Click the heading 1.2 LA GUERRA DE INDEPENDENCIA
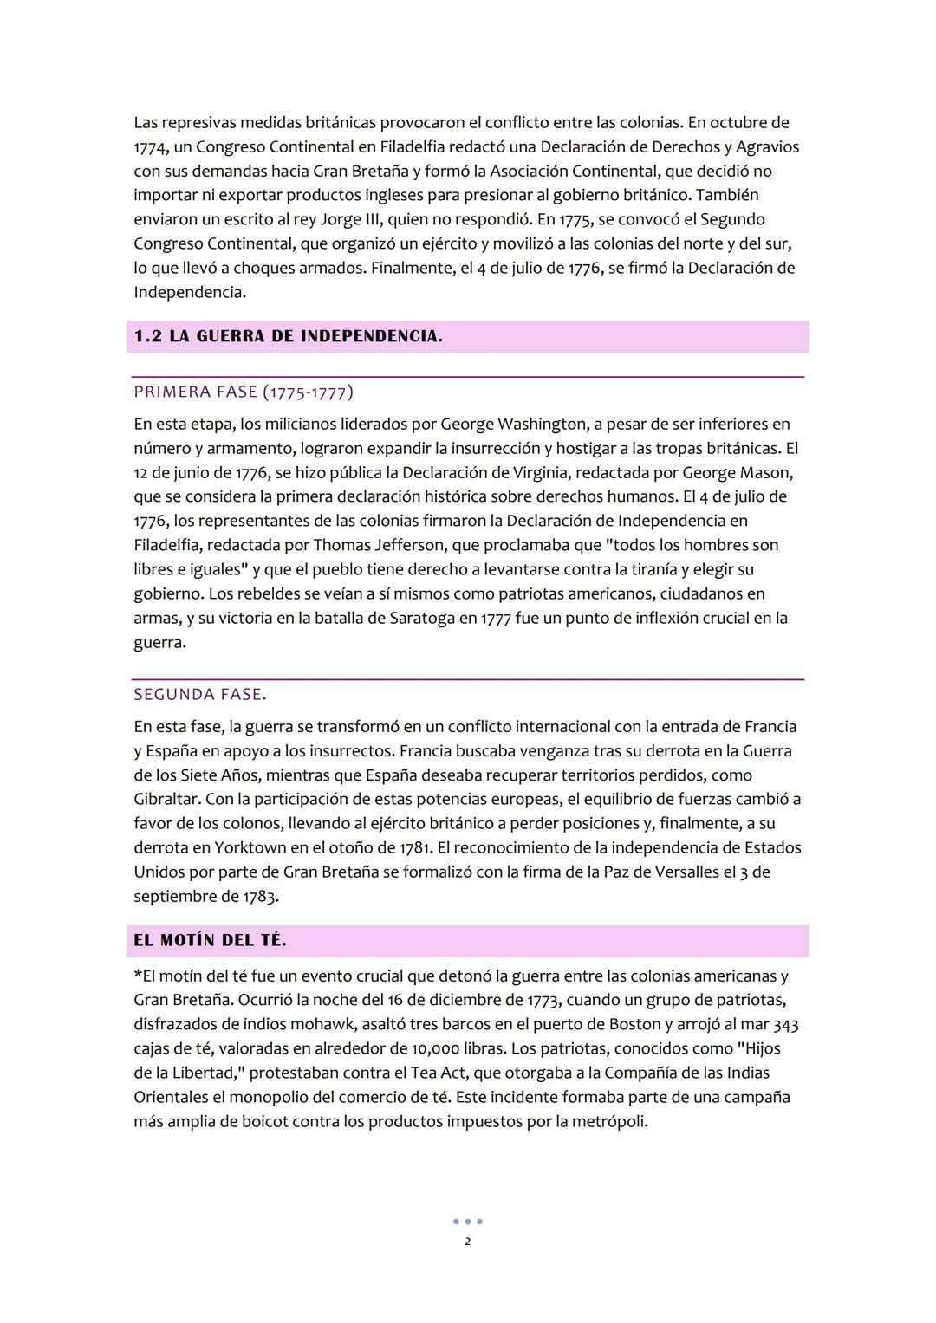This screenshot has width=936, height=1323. tap(289, 336)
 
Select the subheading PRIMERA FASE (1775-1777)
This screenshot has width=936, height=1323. tap(244, 392)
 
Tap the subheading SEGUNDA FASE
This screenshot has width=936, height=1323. tap(200, 694)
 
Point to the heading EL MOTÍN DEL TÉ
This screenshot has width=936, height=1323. tap(210, 940)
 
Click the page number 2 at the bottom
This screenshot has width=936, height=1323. tap(468, 1242)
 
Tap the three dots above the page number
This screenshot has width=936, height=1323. tap(468, 1222)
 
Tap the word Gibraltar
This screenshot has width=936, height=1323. tap(166, 799)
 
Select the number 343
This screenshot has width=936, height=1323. tap(785, 1024)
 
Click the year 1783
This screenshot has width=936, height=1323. tap(259, 896)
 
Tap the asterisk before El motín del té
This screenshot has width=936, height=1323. tap(137, 975)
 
